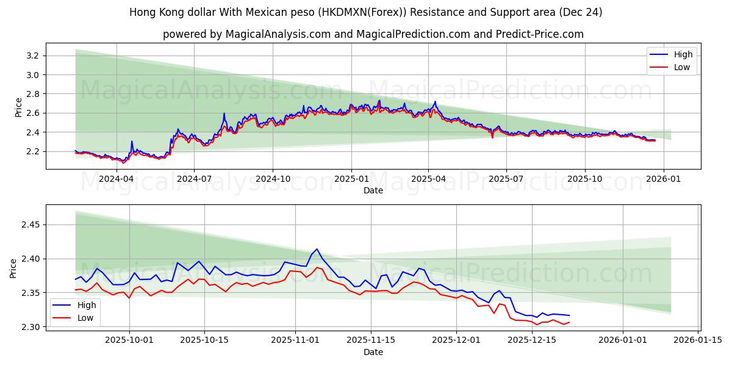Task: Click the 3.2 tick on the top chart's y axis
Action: point(34,56)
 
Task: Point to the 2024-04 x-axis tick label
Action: point(116,179)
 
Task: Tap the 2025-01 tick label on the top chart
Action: point(351,179)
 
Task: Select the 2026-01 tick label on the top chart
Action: point(663,179)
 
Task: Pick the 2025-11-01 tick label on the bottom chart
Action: point(295,340)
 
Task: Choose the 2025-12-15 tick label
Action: point(532,340)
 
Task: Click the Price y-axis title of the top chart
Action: point(19,107)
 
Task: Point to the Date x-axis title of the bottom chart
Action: point(373,352)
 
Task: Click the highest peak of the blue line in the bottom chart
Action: point(317,249)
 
